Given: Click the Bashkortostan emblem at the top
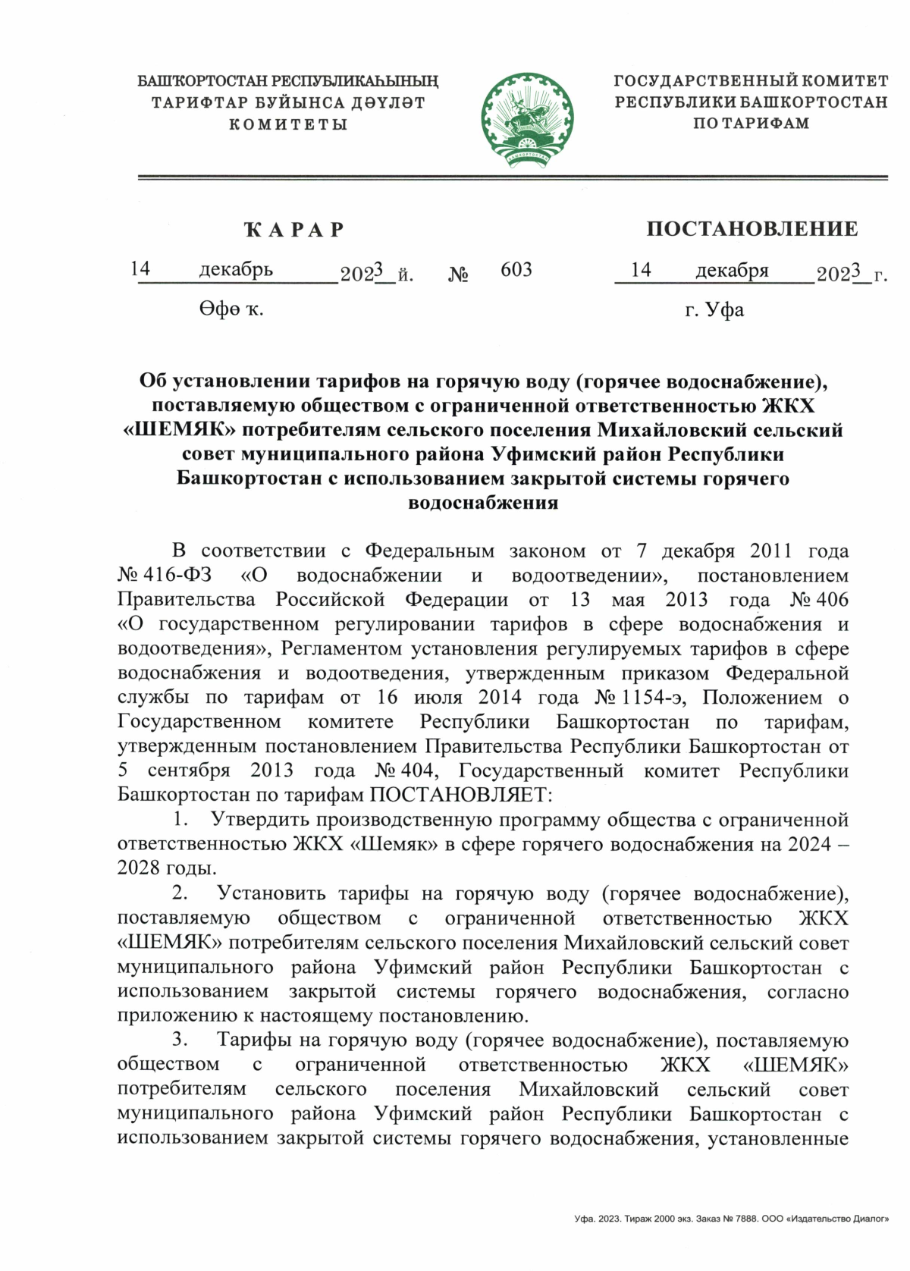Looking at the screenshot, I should click(526, 118).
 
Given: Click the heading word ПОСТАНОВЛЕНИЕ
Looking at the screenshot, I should click(752, 228).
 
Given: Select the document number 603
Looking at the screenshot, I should click(516, 269).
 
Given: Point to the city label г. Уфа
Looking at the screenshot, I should click(714, 309).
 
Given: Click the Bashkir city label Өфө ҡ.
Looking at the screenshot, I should click(231, 309).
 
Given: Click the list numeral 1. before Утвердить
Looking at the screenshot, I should click(180, 819).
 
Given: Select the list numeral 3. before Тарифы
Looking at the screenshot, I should click(180, 1040).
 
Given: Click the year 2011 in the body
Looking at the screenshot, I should click(770, 551).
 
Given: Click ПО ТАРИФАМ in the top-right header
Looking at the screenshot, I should click(751, 123).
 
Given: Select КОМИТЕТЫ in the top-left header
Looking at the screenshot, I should click(288, 124).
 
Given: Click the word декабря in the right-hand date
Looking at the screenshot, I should click(732, 270).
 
